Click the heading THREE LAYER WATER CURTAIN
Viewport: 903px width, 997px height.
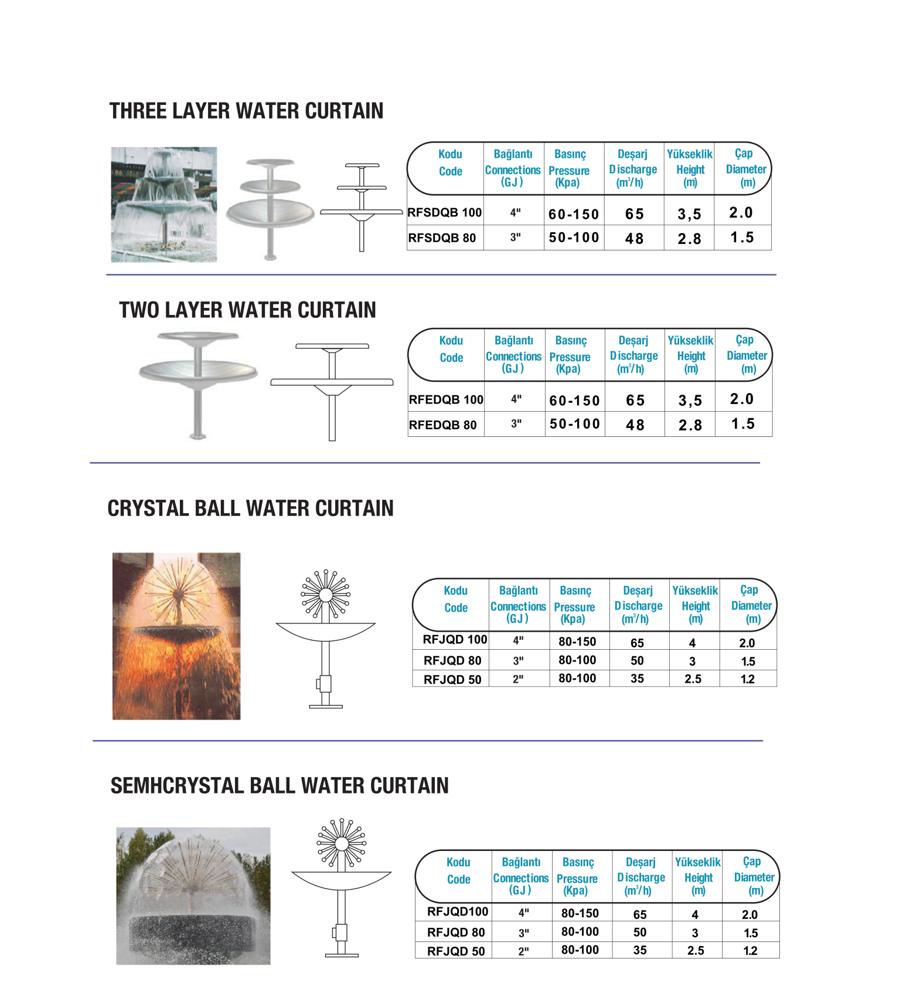(x=246, y=111)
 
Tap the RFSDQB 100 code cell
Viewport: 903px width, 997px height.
(x=445, y=212)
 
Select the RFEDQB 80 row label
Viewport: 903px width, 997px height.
(x=443, y=425)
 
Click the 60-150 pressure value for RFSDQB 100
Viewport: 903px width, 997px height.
(x=574, y=214)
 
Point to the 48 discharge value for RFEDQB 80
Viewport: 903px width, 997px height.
(x=635, y=425)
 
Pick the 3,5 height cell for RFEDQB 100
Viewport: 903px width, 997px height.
(x=690, y=401)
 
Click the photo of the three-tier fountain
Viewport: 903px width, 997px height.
(x=164, y=204)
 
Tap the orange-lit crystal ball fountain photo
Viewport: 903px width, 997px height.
(x=176, y=636)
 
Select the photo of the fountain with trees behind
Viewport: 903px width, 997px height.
(x=193, y=896)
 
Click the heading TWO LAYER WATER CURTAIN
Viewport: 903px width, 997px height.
(x=247, y=310)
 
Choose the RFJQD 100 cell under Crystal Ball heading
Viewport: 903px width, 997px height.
(x=455, y=639)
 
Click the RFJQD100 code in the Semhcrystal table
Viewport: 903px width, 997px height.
(x=458, y=911)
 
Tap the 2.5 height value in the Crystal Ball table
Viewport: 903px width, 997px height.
(x=693, y=679)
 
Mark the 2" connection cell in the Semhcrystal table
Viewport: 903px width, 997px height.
(x=523, y=951)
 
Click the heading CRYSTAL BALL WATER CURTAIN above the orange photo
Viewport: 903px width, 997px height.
(x=250, y=508)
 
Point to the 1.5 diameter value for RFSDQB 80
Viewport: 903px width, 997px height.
(x=742, y=238)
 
